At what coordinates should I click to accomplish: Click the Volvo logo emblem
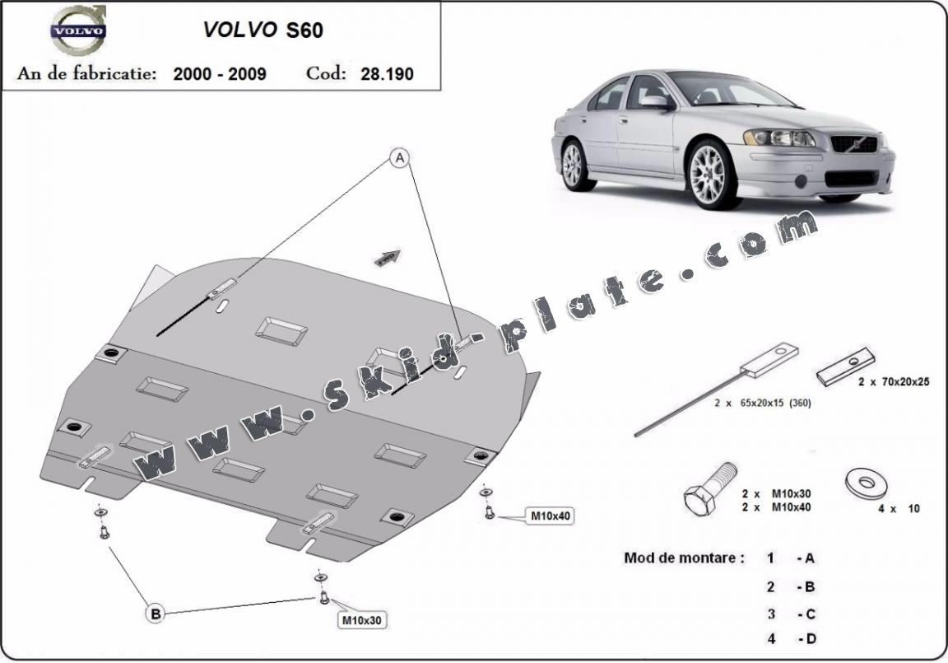pyautogui.click(x=78, y=30)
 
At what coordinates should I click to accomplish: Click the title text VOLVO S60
pyautogui.click(x=263, y=30)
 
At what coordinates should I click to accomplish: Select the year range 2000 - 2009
pyautogui.click(x=220, y=73)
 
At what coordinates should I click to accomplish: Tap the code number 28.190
pyautogui.click(x=387, y=73)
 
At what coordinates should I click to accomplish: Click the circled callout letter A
pyautogui.click(x=400, y=157)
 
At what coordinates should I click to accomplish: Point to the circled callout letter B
pyautogui.click(x=154, y=613)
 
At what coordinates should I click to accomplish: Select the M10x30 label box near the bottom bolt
pyautogui.click(x=362, y=619)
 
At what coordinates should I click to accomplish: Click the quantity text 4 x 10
pyautogui.click(x=898, y=509)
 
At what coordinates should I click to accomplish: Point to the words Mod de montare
pyautogui.click(x=684, y=558)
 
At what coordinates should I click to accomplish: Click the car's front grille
pyautogui.click(x=854, y=144)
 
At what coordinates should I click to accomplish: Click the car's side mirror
pyautogui.click(x=657, y=102)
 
